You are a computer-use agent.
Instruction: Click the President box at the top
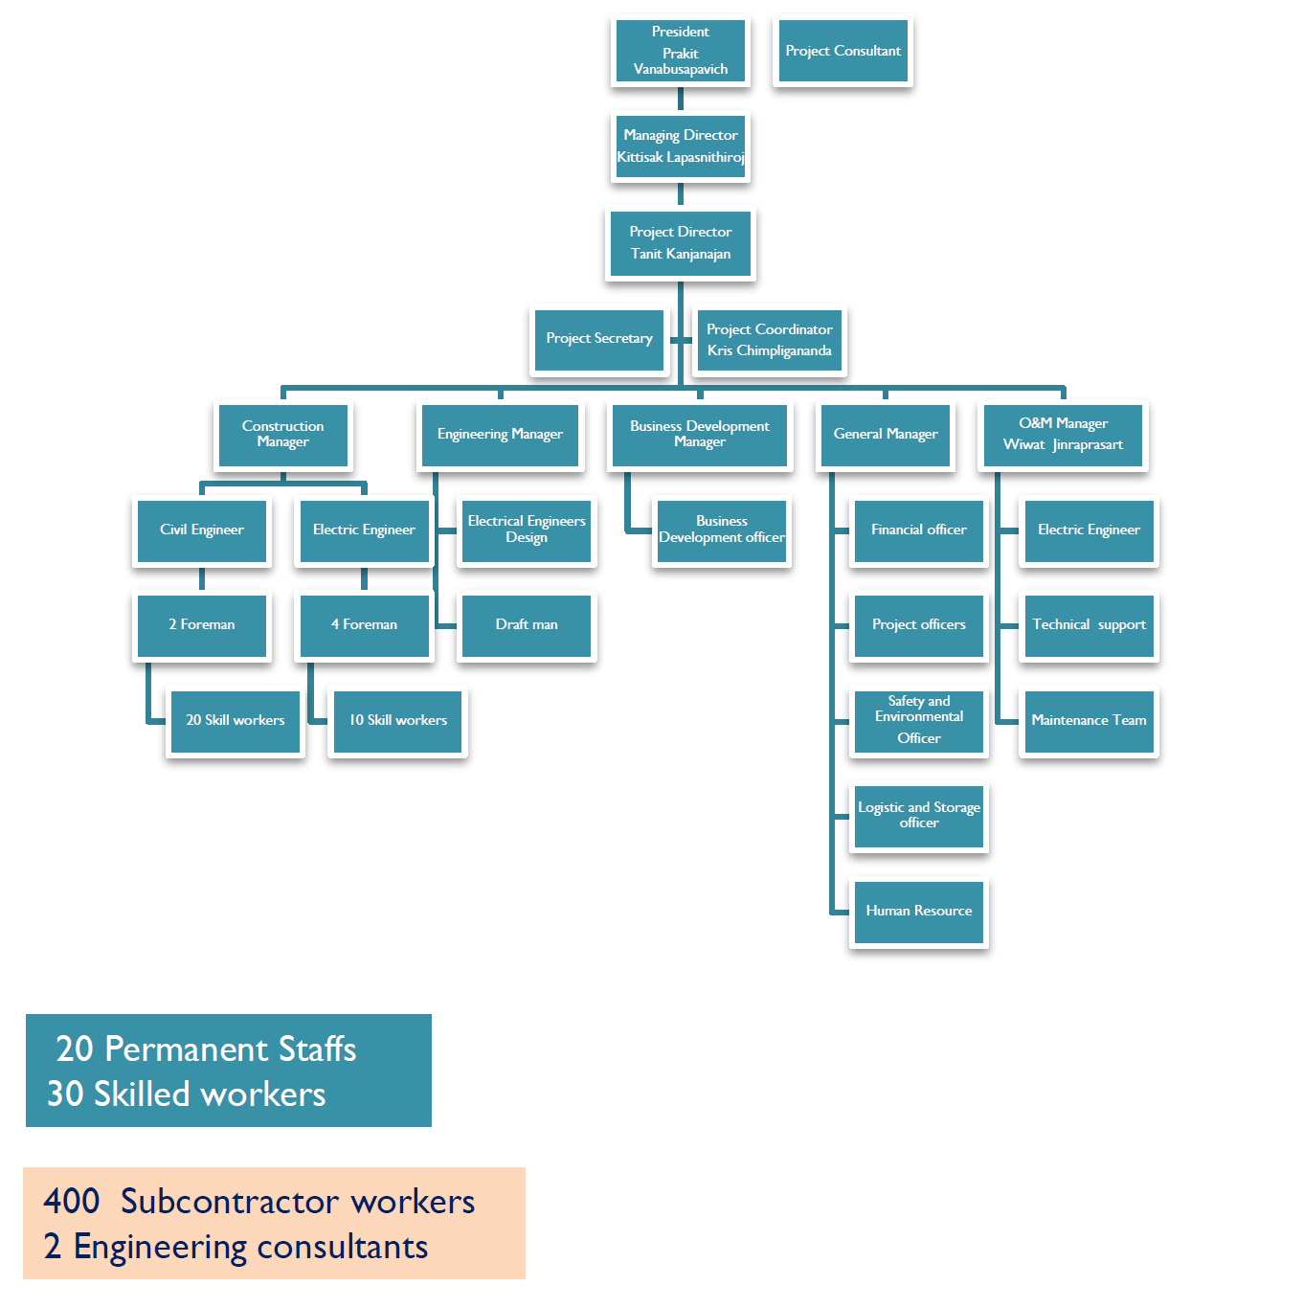[x=680, y=52]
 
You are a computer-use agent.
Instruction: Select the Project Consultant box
[x=842, y=52]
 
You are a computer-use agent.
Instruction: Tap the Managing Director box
[x=680, y=147]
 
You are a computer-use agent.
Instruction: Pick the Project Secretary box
[x=598, y=339]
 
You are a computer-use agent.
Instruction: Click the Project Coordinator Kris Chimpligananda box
[x=769, y=340]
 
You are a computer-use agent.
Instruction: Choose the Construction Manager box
[x=282, y=435]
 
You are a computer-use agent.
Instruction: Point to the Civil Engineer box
[x=201, y=530]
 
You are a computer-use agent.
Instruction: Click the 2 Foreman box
[x=201, y=625]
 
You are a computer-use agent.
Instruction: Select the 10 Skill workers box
[x=397, y=721]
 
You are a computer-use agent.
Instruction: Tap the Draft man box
[x=526, y=625]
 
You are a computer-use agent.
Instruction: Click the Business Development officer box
[x=721, y=530]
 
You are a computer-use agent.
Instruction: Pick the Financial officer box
[x=918, y=530]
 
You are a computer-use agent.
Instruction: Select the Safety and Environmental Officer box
[x=918, y=721]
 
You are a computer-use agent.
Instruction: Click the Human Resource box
[x=918, y=912]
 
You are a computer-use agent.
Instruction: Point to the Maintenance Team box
[x=1089, y=721]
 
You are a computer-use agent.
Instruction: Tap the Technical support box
[x=1089, y=625]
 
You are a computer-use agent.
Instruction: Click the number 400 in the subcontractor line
[x=72, y=1202]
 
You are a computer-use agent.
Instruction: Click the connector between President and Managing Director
[x=681, y=100]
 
